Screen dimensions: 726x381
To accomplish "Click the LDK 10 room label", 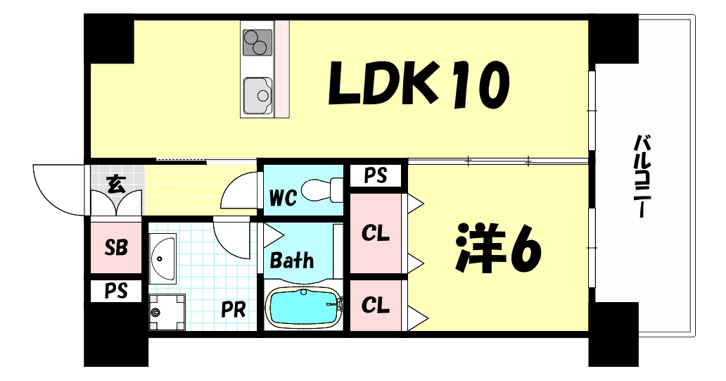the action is (419, 85).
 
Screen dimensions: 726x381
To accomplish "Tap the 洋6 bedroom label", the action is (498, 248).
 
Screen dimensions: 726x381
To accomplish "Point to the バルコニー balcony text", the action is (642, 176).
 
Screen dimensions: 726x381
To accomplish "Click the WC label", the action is (283, 199).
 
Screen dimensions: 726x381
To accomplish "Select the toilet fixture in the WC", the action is (321, 190).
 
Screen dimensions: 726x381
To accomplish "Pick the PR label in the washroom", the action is (233, 310).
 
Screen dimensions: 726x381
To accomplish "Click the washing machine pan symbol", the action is (167, 313).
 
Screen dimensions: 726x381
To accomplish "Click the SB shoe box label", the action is (116, 248).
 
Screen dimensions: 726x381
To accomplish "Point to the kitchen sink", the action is (258, 96).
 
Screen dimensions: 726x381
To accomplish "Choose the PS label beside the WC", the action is (376, 176).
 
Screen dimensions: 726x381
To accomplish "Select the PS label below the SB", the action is (116, 292).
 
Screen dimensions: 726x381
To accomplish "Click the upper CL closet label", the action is (376, 234).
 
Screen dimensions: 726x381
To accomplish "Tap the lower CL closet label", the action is (376, 306).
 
